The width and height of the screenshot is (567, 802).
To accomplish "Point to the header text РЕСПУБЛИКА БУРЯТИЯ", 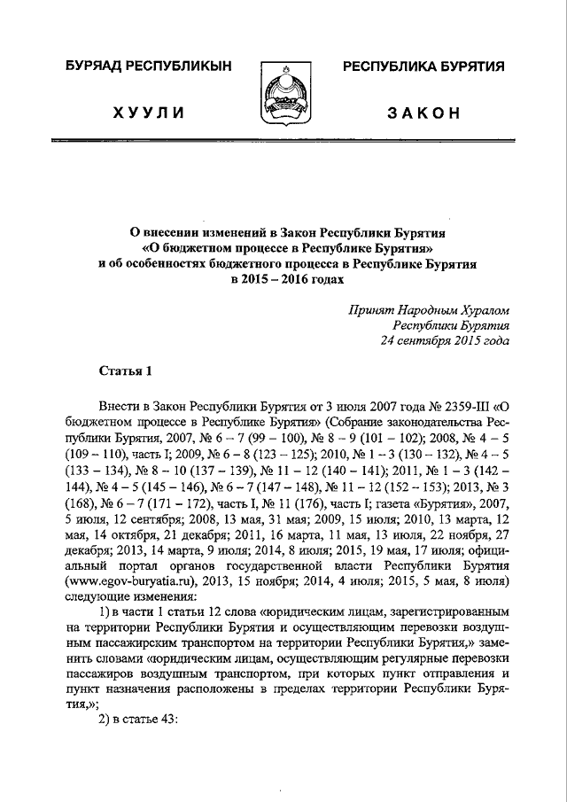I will [423, 66].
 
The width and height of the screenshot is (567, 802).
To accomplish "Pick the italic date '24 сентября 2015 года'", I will [445, 339].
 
